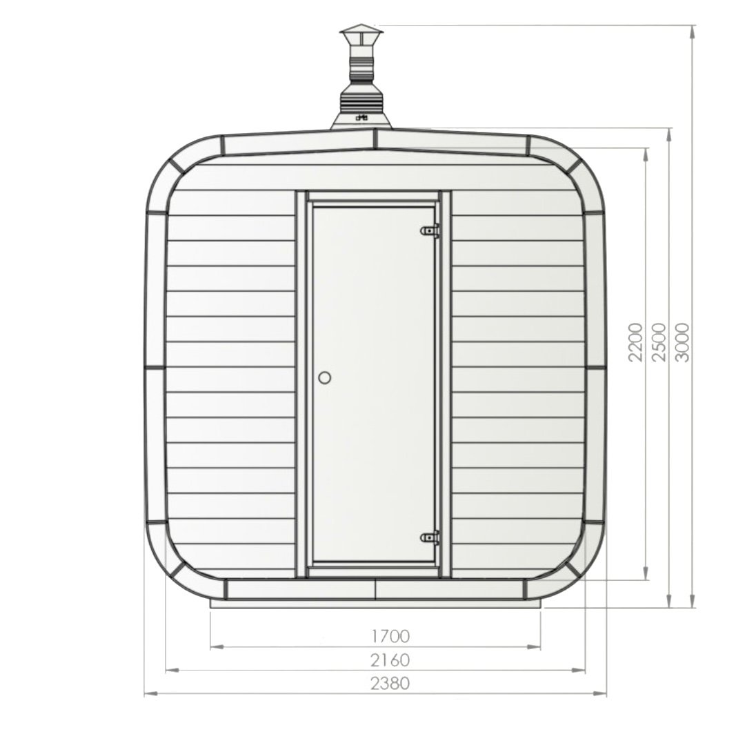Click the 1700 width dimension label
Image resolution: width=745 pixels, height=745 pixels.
[x=390, y=635]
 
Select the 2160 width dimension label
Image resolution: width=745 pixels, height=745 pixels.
[x=390, y=659]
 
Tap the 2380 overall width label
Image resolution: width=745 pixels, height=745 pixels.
[x=390, y=683]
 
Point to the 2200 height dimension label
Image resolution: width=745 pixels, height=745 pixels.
[x=635, y=342]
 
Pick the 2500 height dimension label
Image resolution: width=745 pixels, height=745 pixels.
[x=659, y=342]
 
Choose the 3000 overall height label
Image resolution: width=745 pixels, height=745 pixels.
[x=682, y=342]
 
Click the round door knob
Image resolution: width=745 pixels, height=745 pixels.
[x=324, y=378]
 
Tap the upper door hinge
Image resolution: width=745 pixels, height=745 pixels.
[x=430, y=230]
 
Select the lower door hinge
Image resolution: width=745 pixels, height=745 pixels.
[x=430, y=538]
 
